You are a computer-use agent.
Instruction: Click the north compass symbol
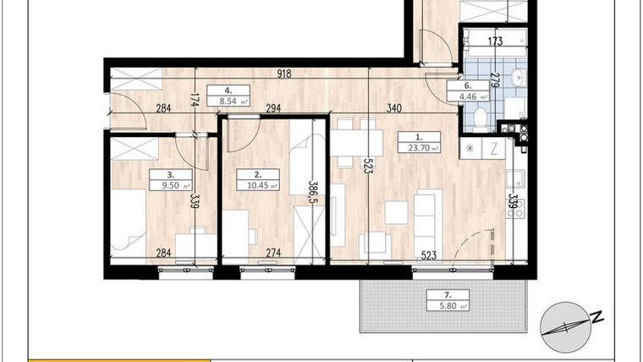coord(564,326)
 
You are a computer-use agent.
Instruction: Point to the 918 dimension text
coord(283,74)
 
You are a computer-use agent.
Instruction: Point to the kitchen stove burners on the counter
coord(514,206)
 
